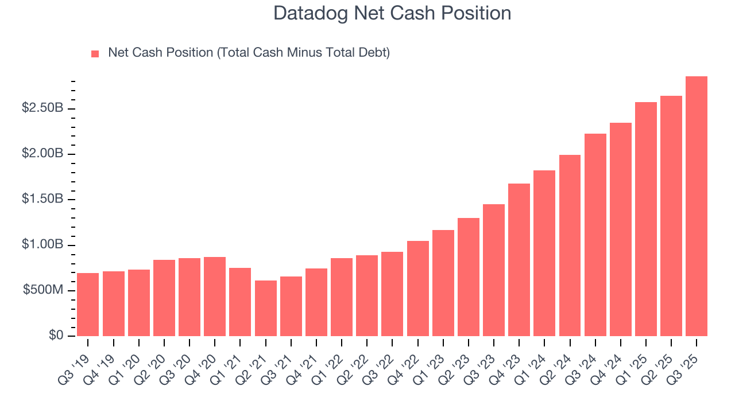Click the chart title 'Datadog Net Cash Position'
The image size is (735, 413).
392,13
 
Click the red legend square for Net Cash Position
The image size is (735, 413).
95,54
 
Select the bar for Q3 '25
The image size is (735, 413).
697,206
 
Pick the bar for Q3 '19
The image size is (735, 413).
88,305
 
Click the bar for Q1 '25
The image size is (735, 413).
646,219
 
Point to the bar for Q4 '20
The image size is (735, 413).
215,297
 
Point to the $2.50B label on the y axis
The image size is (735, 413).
42,108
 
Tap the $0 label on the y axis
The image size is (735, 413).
55,336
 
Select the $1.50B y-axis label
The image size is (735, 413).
42,199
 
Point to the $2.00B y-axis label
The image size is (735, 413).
42,154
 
